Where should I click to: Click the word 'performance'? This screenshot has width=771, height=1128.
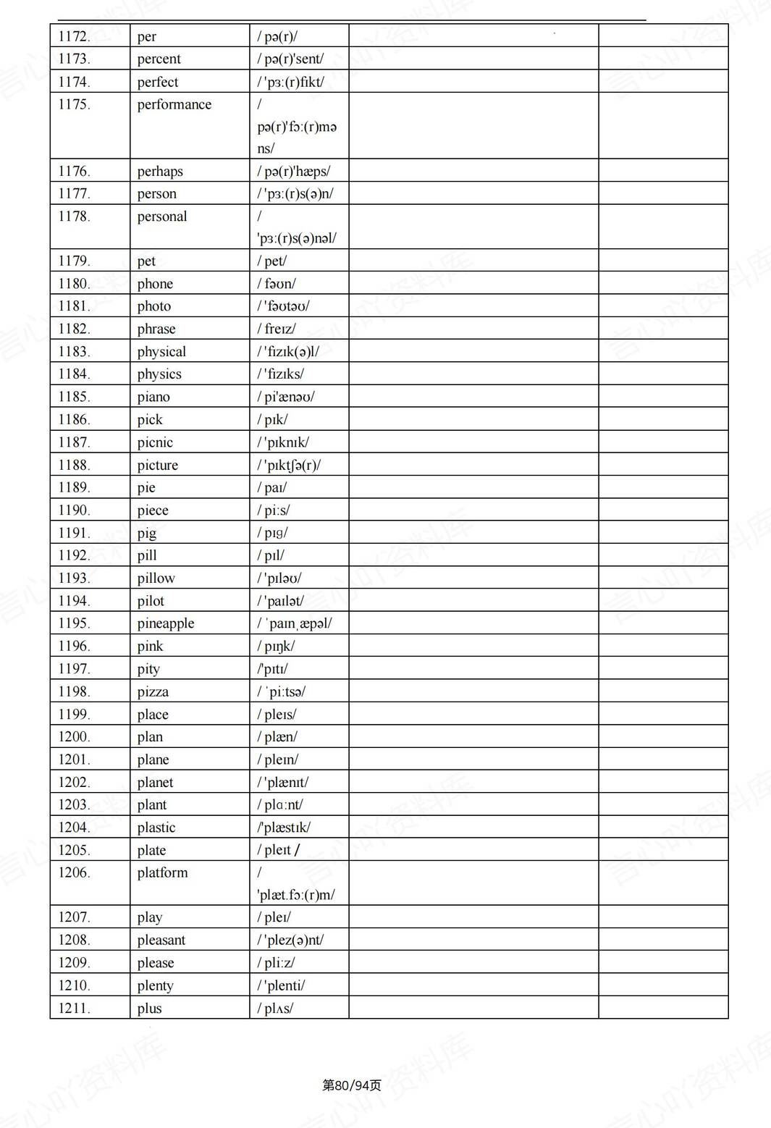[174, 104]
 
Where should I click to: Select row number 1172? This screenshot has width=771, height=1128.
[74, 36]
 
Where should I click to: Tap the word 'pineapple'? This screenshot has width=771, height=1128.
[166, 623]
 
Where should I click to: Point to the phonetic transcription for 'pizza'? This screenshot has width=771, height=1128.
[282, 691]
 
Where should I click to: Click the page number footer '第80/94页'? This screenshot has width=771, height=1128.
[351, 1085]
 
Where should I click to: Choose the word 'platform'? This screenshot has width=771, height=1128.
[162, 872]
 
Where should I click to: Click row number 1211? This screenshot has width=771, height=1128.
[74, 1008]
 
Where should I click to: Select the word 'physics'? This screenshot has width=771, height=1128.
[159, 374]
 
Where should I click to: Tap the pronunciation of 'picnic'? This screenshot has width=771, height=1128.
[283, 442]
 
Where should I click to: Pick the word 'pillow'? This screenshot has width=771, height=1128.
[156, 578]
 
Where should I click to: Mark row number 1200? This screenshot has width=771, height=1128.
[74, 736]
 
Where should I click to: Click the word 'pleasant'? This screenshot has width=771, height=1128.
[161, 940]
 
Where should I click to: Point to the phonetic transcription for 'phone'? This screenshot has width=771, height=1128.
[277, 284]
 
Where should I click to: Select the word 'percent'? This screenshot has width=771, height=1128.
[159, 59]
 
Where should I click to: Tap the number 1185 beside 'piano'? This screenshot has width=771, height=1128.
[74, 397]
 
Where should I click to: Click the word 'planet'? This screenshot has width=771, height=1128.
[155, 782]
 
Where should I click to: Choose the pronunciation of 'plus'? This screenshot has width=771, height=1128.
[275, 1008]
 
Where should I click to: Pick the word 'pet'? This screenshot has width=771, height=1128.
[146, 261]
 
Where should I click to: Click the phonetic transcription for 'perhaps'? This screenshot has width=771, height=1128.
[294, 172]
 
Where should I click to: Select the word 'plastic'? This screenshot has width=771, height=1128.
[156, 827]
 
